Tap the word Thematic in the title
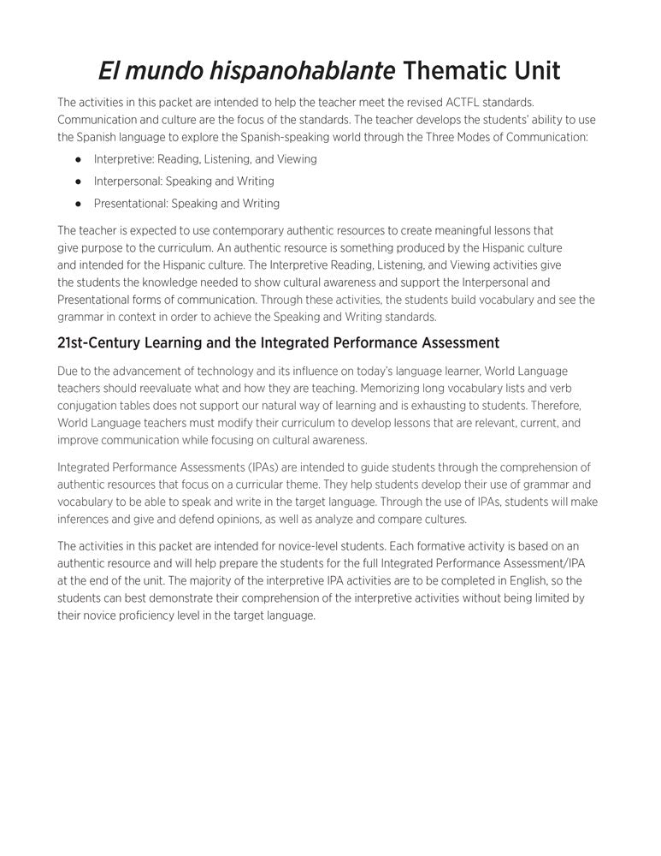click(x=461, y=70)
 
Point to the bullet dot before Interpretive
click(x=78, y=159)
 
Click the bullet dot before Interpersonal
click(x=78, y=181)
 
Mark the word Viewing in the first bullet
click(x=297, y=159)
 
